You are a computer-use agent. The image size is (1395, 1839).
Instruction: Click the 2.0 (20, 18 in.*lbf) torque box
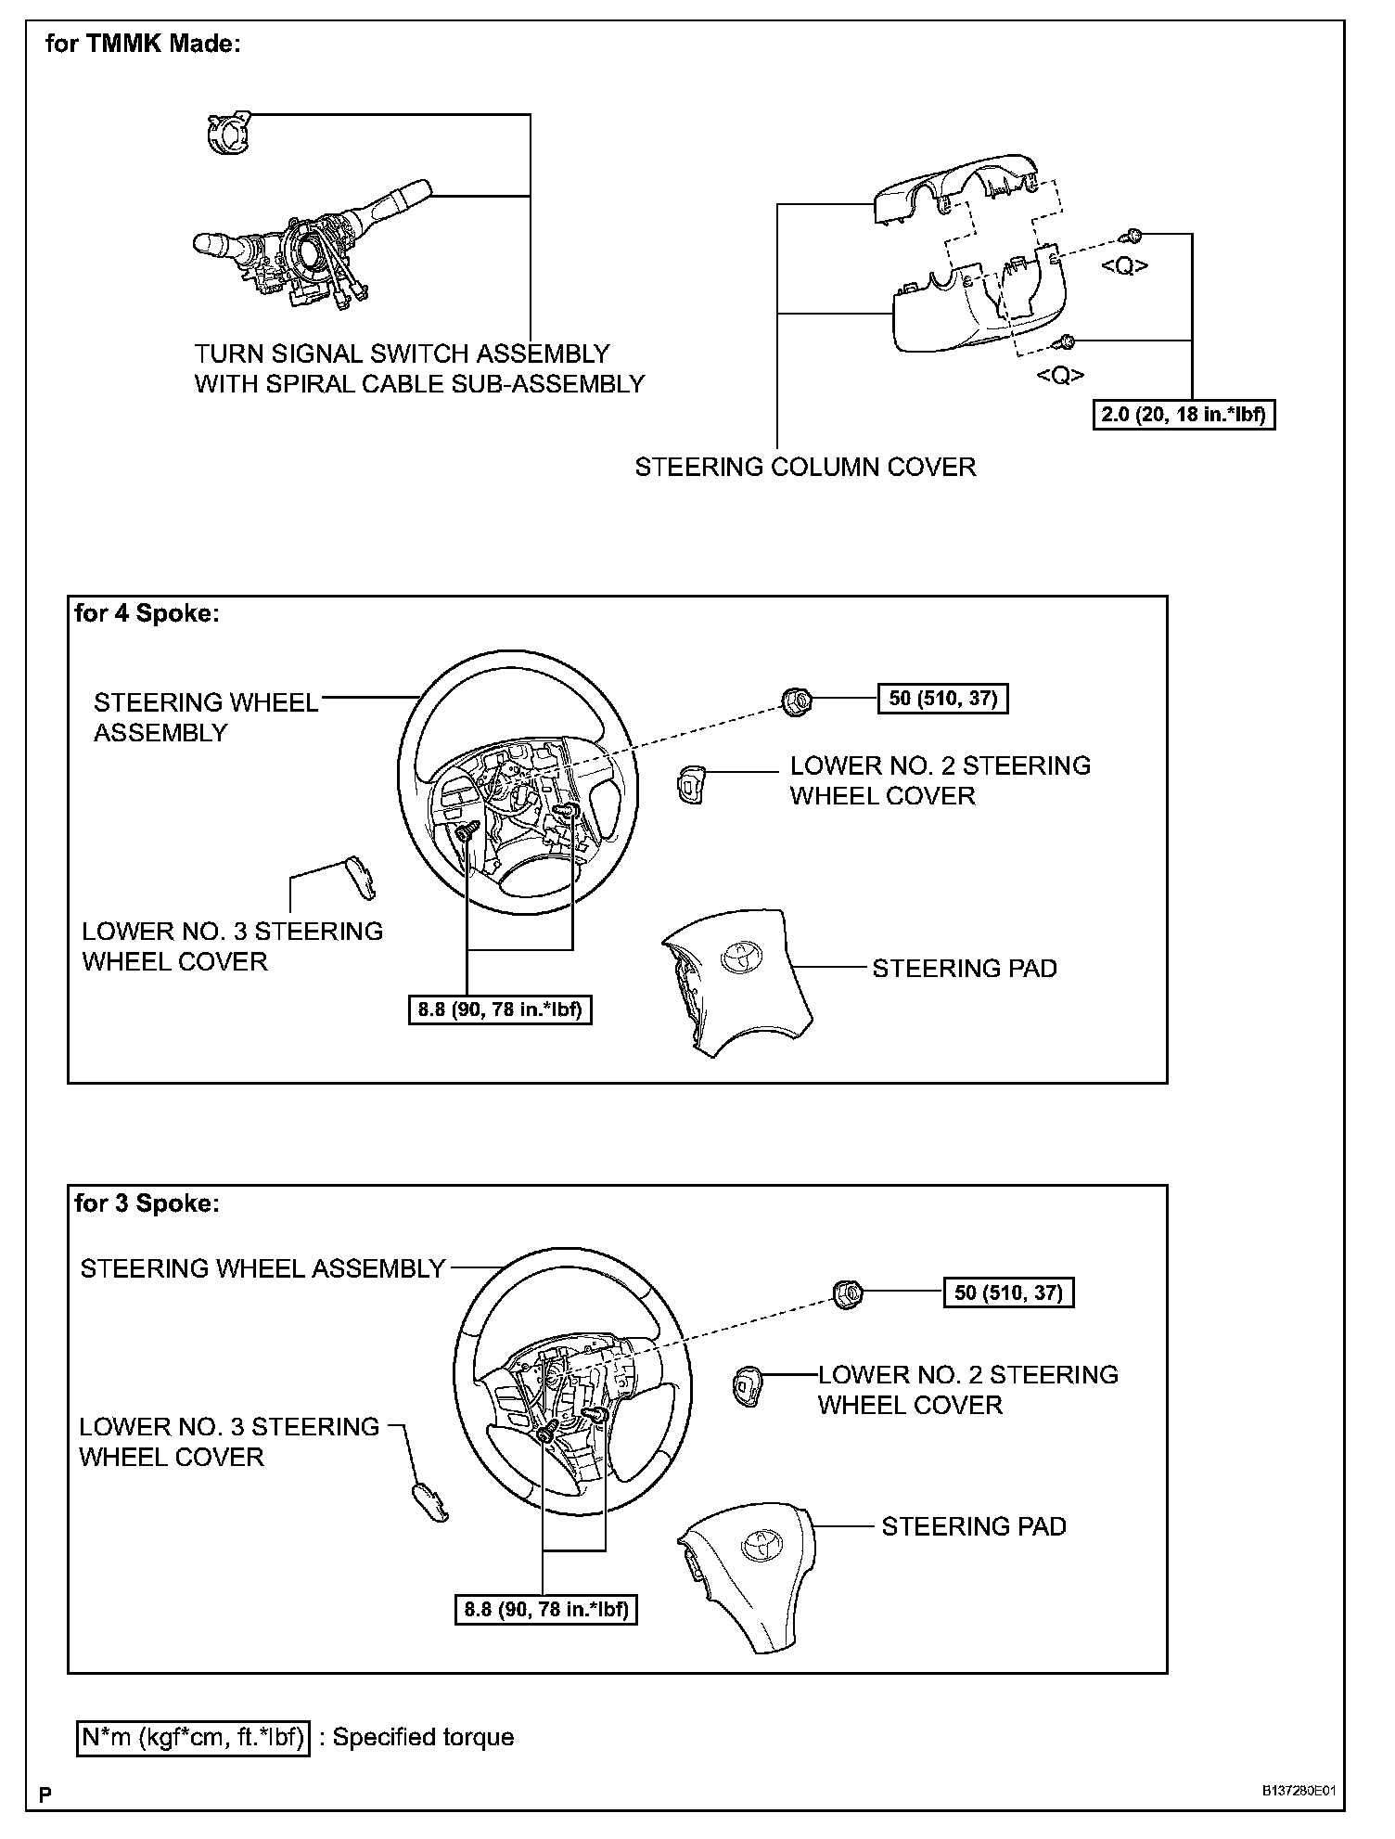tap(1184, 415)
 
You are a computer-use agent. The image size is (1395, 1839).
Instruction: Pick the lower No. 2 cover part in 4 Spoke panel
tap(691, 787)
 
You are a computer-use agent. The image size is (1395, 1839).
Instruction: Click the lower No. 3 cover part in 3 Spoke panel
tap(429, 1502)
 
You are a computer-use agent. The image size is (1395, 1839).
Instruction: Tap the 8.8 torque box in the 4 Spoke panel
tap(500, 1010)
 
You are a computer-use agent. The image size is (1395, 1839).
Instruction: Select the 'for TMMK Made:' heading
tap(143, 44)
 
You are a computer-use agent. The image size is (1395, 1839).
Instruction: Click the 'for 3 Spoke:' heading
tap(147, 1203)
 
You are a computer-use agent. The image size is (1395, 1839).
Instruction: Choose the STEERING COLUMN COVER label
tap(805, 467)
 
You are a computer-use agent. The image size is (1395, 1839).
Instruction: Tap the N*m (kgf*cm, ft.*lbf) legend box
tap(192, 1737)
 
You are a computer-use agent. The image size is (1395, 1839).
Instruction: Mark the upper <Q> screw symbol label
tap(1125, 266)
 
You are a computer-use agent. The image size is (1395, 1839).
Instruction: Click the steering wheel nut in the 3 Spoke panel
tap(847, 1292)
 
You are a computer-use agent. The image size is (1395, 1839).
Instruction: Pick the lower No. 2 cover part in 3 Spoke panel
tap(747, 1385)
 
